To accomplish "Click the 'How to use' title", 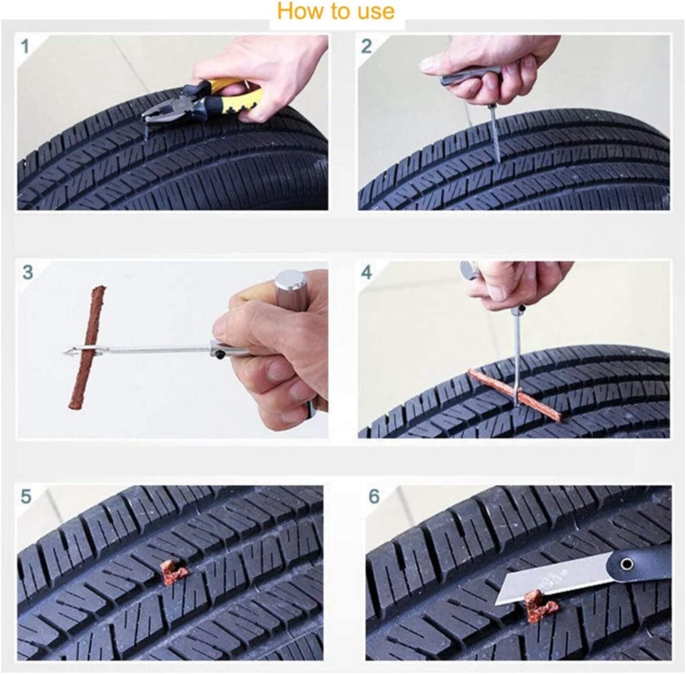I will (x=336, y=11).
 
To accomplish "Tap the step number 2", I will (x=366, y=46).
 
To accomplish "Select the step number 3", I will (x=27, y=273).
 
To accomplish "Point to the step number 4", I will (x=366, y=273).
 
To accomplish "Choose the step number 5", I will (x=26, y=496).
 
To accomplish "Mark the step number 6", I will (x=374, y=496).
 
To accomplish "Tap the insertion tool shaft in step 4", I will (x=518, y=355).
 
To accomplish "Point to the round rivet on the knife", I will (x=627, y=565).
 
